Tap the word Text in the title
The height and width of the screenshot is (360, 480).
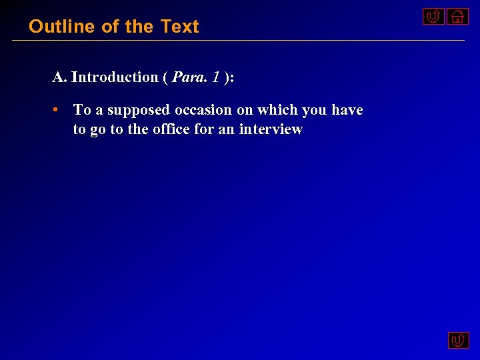[x=180, y=27]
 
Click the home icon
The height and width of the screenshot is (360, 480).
[x=457, y=16]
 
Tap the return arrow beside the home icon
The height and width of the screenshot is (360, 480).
[x=433, y=16]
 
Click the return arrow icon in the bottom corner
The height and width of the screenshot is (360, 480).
[x=457, y=341]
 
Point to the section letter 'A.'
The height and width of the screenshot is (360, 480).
[x=59, y=77]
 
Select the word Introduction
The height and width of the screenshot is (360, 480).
[x=115, y=77]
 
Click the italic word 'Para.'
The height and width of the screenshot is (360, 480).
[x=190, y=77]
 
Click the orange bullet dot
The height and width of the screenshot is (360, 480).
[x=58, y=109]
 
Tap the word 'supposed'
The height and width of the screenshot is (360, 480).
[x=139, y=110]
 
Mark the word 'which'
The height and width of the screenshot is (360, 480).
[x=277, y=110]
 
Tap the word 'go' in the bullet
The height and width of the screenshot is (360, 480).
[x=98, y=130]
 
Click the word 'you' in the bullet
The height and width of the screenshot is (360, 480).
[x=314, y=110]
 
